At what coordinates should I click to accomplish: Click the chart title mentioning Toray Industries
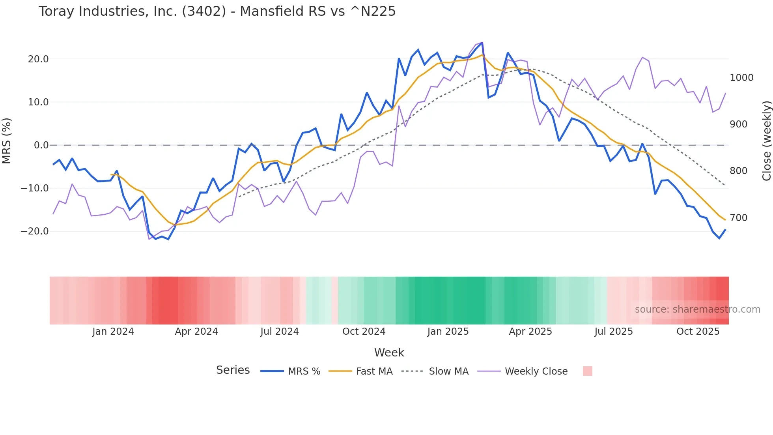click(217, 11)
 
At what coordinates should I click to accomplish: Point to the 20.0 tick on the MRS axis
click(38, 59)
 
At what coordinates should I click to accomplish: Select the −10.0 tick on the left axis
click(35, 188)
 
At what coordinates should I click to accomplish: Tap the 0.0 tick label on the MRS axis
click(41, 145)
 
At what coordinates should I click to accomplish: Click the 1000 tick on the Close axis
click(741, 78)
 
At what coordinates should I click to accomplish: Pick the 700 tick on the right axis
click(739, 218)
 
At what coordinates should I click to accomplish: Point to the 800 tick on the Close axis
click(739, 171)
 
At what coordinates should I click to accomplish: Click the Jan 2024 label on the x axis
click(113, 332)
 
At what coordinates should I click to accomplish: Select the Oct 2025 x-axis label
click(698, 332)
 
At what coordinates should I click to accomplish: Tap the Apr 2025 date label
click(530, 332)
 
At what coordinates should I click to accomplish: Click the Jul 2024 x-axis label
click(280, 332)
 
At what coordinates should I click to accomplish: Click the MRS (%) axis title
click(7, 141)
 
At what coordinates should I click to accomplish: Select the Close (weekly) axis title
click(767, 141)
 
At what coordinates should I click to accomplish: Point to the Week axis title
click(389, 352)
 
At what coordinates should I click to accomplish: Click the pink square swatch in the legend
click(587, 371)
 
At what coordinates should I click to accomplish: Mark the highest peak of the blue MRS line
click(482, 43)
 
